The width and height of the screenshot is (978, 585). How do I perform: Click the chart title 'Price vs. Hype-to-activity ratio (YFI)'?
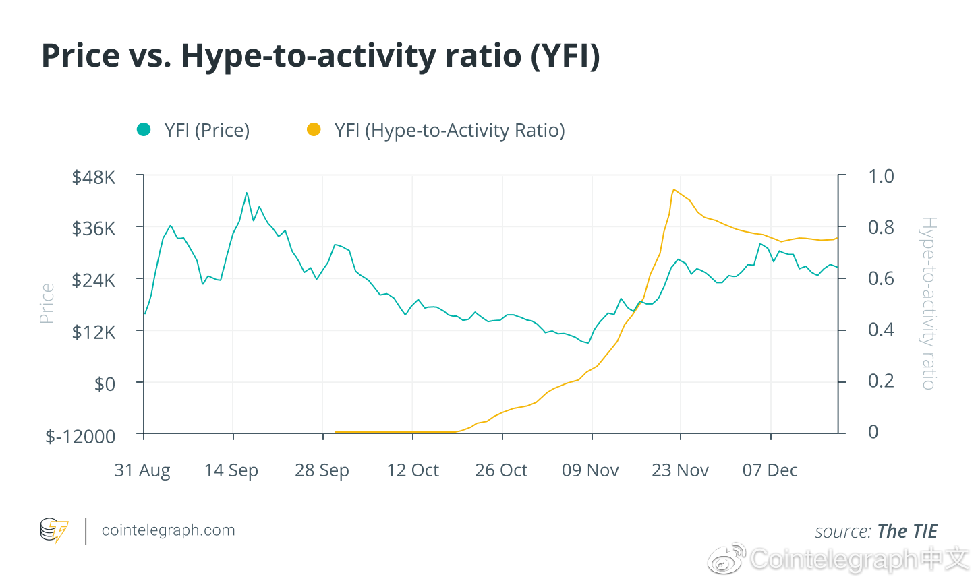click(x=320, y=55)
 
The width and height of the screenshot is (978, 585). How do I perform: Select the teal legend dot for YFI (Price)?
click(x=144, y=129)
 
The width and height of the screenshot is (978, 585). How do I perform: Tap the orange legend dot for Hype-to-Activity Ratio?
click(x=314, y=129)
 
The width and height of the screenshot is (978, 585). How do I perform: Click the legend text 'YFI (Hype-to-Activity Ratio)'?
click(x=449, y=130)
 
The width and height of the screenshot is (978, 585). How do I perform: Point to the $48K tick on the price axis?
click(x=94, y=177)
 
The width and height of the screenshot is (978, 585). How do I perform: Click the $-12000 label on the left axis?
click(x=80, y=436)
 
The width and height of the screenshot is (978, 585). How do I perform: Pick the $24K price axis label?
click(x=94, y=280)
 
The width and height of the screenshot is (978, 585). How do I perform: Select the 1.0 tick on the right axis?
click(x=880, y=177)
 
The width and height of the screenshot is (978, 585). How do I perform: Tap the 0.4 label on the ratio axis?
click(x=880, y=330)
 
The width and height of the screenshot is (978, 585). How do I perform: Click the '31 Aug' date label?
click(x=142, y=470)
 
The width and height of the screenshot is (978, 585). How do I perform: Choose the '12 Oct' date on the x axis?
click(x=412, y=470)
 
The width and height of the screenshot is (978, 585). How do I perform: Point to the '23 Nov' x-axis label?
click(x=680, y=470)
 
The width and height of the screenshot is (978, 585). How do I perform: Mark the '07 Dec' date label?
click(x=770, y=470)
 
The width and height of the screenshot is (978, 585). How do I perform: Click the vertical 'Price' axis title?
click(x=47, y=303)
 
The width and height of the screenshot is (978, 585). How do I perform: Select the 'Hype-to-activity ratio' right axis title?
click(x=929, y=303)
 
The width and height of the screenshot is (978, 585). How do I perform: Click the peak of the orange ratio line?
click(x=674, y=189)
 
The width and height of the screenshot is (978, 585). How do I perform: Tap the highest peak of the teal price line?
click(x=246, y=193)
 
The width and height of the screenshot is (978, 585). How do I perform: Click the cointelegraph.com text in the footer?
click(x=168, y=530)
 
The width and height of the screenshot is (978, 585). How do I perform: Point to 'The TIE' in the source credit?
click(x=907, y=532)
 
